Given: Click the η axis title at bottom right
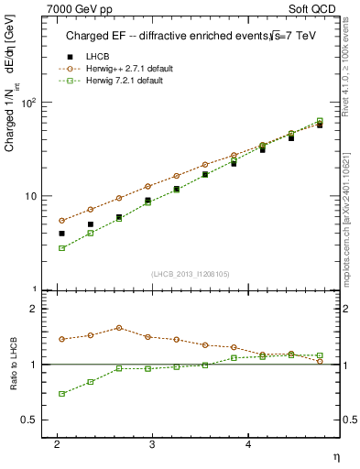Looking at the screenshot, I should click(335, 455).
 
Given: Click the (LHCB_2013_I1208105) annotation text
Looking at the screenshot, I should click(193, 273).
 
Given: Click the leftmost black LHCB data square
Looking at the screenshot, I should click(61, 234).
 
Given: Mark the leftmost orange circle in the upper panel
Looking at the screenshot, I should click(61, 221).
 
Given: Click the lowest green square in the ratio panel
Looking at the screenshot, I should click(61, 394).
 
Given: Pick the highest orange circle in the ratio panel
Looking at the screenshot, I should click(119, 327).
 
